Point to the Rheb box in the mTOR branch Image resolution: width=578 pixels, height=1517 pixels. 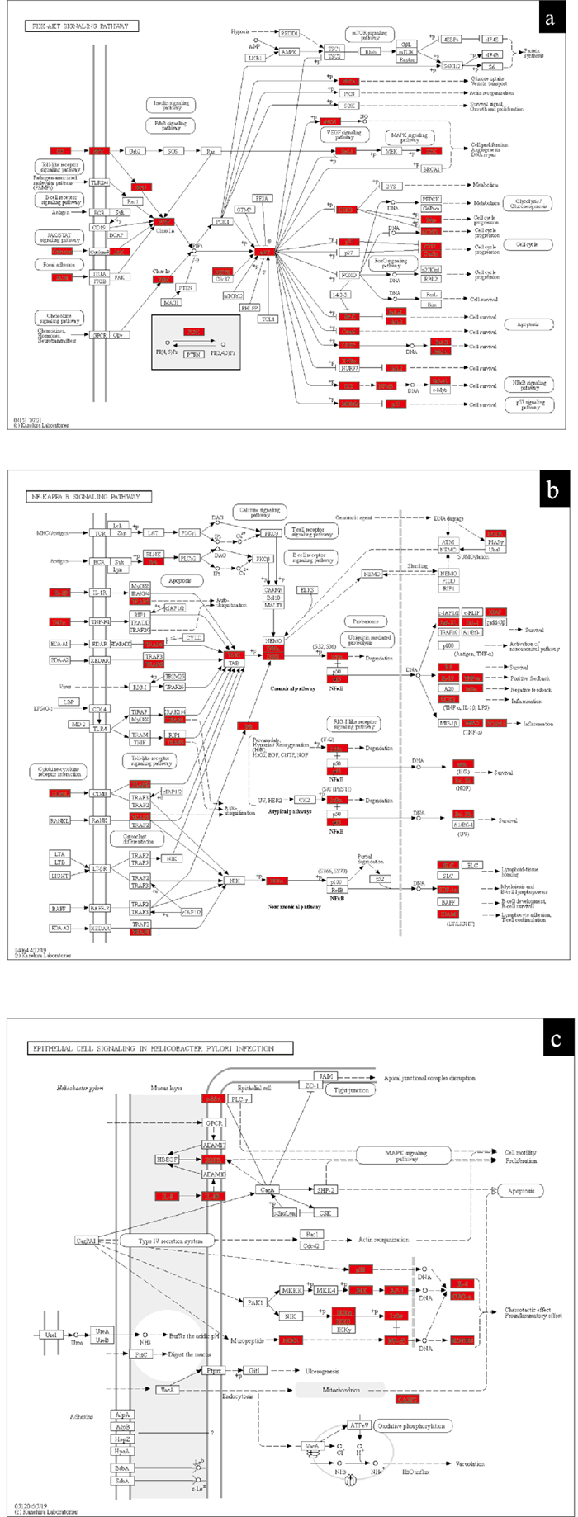coord(371,51)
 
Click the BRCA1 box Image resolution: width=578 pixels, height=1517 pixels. coord(430,169)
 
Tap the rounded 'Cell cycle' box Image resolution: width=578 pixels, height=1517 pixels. coord(528,245)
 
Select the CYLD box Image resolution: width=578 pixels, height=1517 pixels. coord(193,638)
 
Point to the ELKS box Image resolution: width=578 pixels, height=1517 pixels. coord(307,591)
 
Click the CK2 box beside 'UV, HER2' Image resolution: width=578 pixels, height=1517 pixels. coord(304,800)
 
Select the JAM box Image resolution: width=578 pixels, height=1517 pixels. coord(327,1076)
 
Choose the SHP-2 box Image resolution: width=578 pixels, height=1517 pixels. coord(325,1189)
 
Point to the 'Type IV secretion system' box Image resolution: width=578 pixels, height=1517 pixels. coord(167,1240)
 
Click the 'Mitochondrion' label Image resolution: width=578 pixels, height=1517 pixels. coord(340,1389)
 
